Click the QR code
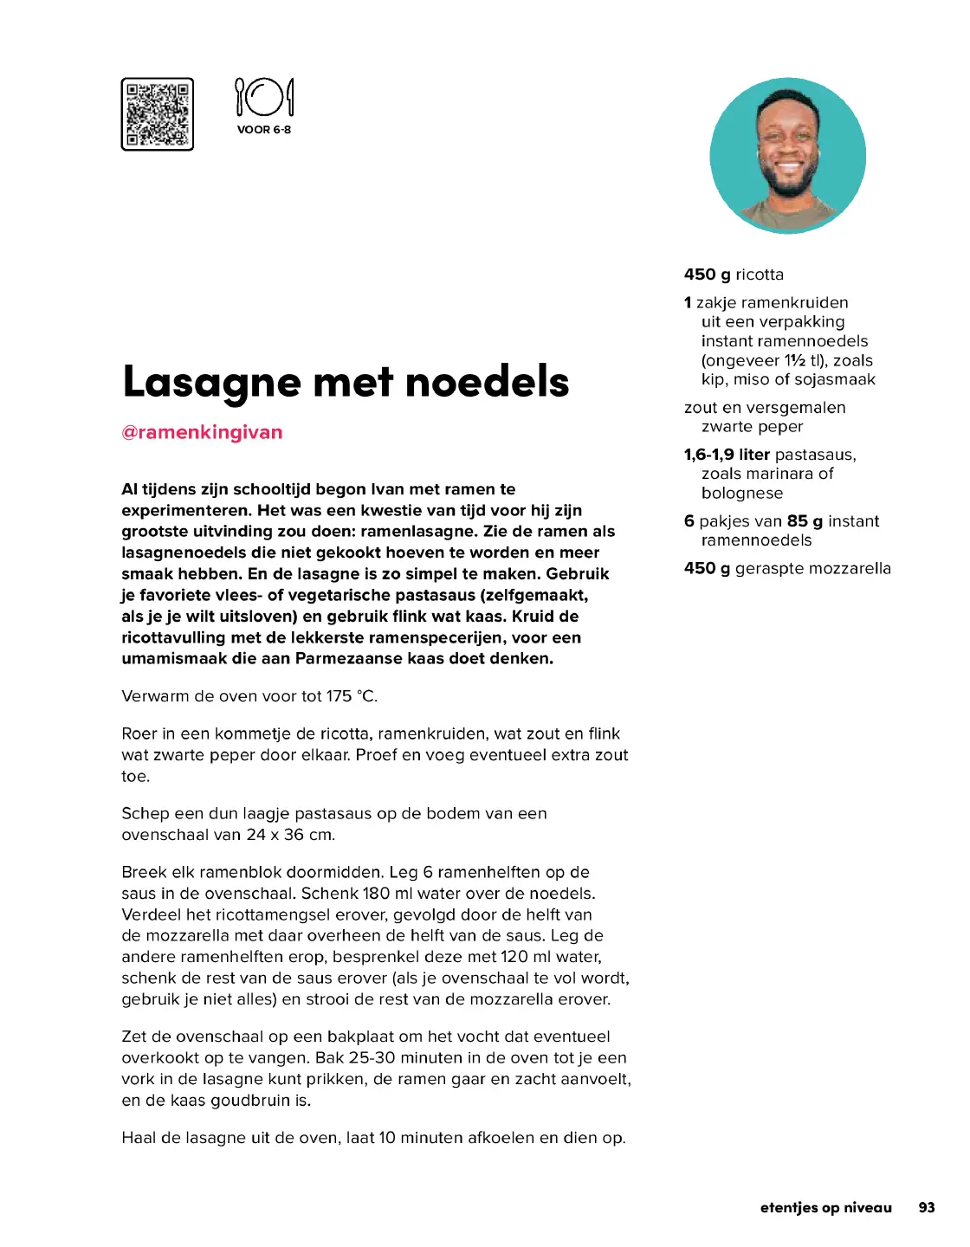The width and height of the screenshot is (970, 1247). click(x=157, y=114)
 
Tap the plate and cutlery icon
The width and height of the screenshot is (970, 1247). click(x=264, y=97)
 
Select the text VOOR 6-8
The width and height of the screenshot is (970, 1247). click(x=264, y=130)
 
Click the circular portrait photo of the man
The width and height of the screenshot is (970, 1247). click(x=787, y=156)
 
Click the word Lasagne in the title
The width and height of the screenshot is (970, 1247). click(x=211, y=382)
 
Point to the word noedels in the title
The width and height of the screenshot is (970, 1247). click(x=487, y=382)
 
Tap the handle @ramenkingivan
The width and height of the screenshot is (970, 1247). click(x=202, y=432)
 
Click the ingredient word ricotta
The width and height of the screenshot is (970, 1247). click(x=760, y=275)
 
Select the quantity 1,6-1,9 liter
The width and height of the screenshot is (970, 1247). click(x=727, y=455)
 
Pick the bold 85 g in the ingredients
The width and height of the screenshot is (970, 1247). click(x=805, y=521)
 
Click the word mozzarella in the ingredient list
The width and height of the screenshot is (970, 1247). click(x=851, y=569)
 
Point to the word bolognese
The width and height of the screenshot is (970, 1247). click(x=742, y=494)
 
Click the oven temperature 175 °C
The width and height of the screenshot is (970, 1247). click(x=351, y=696)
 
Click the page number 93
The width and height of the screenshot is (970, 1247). click(x=927, y=1208)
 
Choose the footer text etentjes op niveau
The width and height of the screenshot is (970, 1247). click(x=825, y=1208)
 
